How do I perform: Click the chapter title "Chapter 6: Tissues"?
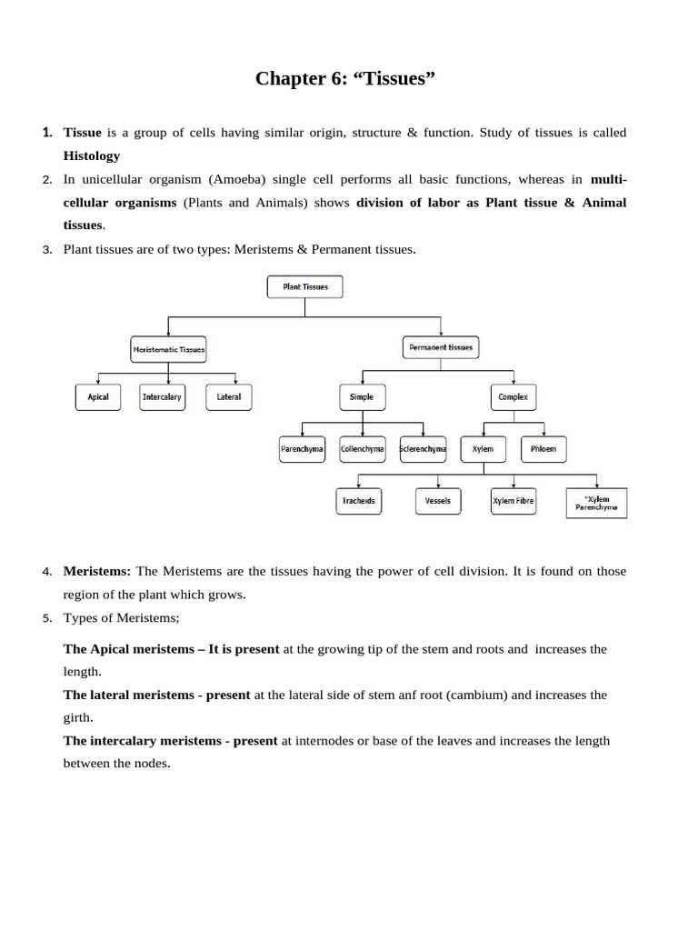click(346, 79)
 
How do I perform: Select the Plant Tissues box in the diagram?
click(304, 287)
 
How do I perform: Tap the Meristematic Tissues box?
click(169, 348)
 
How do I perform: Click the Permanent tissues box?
click(441, 347)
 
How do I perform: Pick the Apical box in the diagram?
click(98, 397)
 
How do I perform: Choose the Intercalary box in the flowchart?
click(162, 397)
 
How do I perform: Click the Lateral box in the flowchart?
click(229, 397)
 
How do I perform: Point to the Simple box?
click(362, 397)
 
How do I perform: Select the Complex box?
click(514, 397)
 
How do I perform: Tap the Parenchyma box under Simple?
click(302, 449)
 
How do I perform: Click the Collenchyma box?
click(363, 449)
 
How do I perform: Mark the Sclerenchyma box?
click(424, 449)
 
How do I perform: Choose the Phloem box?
click(543, 449)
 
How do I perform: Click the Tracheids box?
click(359, 501)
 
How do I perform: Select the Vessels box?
click(438, 501)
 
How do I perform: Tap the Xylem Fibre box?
click(514, 501)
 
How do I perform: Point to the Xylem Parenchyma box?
click(595, 503)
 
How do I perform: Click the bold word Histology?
click(91, 155)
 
